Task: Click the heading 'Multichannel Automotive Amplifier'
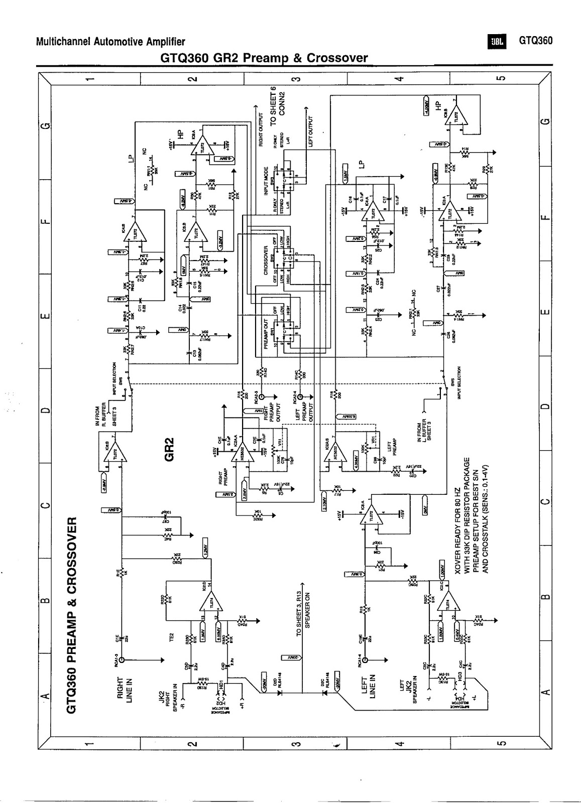pos(110,42)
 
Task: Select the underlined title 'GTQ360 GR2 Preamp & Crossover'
pos(264,58)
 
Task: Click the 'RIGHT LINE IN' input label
pos(124,690)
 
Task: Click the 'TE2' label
pos(171,637)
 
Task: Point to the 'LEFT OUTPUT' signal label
pos(311,131)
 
